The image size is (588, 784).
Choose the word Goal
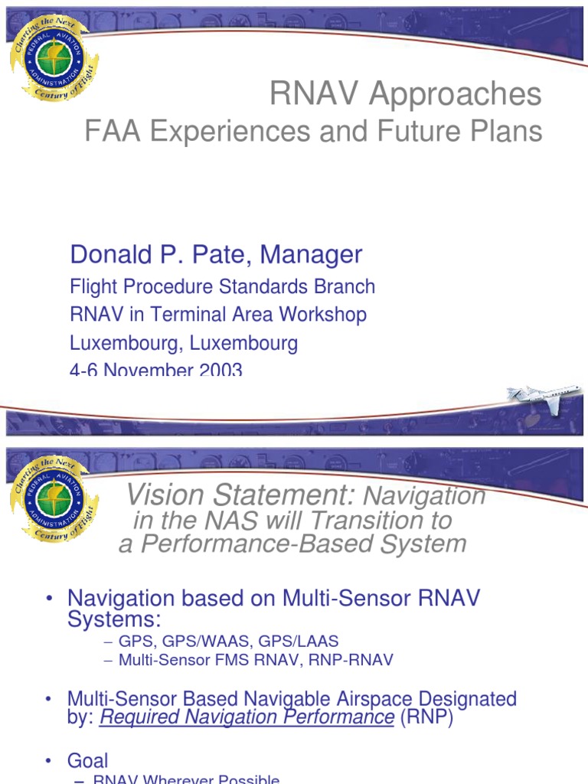[x=88, y=760]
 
